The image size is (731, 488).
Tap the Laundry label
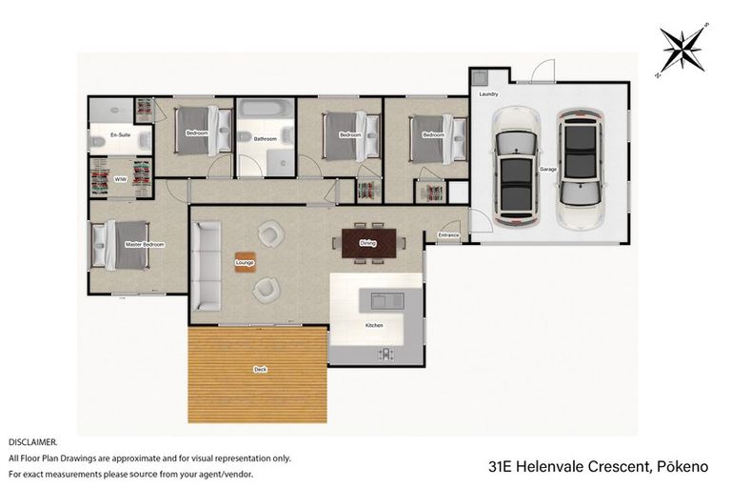point(488,95)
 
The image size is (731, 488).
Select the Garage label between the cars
point(548,169)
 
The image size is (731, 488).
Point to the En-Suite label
point(120,135)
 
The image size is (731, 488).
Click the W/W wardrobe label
point(120,179)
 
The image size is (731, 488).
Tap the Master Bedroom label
point(145,245)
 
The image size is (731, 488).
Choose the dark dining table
point(368,241)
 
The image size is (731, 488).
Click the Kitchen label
point(374,326)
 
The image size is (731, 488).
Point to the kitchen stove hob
point(385,354)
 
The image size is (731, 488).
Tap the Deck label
point(260,369)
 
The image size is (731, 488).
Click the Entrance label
point(448,234)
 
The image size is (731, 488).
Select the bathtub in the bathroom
point(263,112)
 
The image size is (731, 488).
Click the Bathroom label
point(265,139)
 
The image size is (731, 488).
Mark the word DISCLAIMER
point(32,442)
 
